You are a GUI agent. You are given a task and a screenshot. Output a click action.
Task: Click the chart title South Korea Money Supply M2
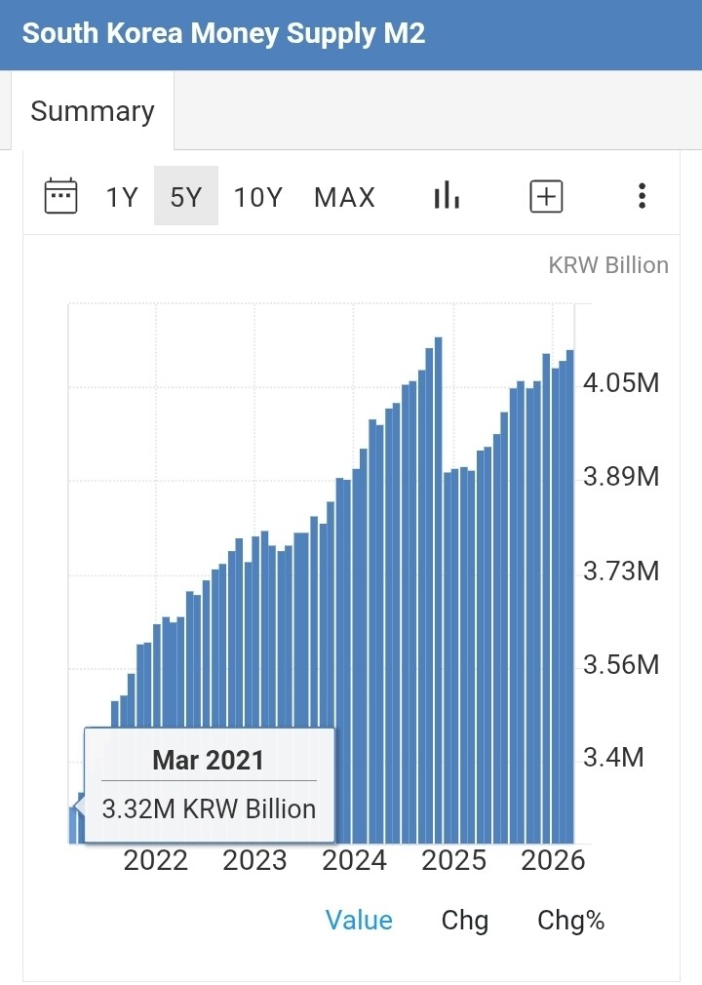223,33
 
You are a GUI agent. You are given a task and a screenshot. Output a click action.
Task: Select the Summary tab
93,111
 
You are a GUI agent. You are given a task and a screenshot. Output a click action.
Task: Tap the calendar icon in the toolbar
60,196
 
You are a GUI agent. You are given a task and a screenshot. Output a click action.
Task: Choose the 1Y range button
122,197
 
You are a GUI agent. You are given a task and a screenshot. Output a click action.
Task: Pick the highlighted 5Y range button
186,196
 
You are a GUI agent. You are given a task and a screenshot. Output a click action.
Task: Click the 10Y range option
258,197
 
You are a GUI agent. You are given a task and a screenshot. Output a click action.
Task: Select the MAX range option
345,197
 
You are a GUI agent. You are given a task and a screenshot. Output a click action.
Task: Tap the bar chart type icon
447,195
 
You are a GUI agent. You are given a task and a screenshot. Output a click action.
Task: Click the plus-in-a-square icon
546,196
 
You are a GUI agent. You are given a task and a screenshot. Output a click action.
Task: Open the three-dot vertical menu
642,196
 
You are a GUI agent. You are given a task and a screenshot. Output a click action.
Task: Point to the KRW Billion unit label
608,265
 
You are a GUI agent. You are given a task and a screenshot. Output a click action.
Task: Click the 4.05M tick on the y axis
622,382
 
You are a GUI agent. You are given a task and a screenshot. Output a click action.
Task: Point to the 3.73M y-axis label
622,571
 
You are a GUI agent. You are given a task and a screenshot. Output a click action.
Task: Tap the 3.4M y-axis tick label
613,758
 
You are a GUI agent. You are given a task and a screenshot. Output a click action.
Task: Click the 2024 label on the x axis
354,860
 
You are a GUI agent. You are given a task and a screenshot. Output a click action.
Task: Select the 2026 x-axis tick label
553,860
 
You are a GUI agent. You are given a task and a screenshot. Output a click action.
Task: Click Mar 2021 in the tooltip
209,760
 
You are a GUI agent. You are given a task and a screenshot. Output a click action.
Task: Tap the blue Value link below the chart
359,921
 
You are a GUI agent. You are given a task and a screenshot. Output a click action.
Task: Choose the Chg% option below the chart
570,921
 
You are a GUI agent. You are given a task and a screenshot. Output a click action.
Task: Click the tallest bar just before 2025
439,590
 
